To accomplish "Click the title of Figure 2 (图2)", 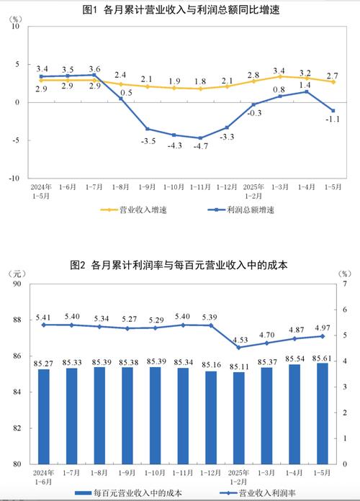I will tap(179, 265).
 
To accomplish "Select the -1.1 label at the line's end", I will tap(333, 119).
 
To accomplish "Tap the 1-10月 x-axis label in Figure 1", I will tap(174, 186).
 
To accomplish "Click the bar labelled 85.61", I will tap(322, 413).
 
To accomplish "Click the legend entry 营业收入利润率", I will tap(253, 493).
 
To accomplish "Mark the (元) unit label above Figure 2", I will tap(16, 274).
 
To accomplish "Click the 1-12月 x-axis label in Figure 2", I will tap(211, 473).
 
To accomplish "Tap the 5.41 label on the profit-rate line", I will tap(44, 316).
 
